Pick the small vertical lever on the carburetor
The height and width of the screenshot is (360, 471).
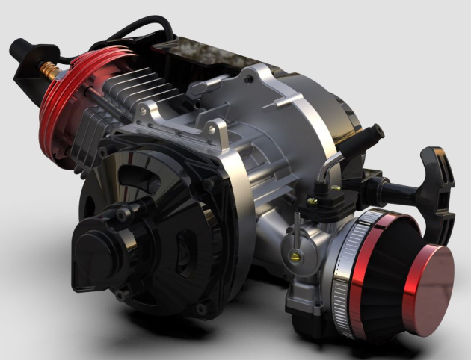click(298, 224)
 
